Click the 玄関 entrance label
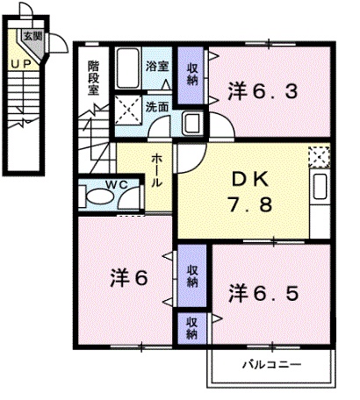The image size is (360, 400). (x=32, y=36)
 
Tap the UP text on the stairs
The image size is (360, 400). (x=21, y=64)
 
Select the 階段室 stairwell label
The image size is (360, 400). (x=94, y=78)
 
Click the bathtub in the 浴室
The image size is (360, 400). (x=127, y=68)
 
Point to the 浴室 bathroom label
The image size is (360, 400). (x=157, y=67)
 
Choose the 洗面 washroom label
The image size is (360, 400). (x=157, y=107)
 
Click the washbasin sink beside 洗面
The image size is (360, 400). (x=192, y=124)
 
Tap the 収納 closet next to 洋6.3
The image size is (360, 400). (x=191, y=75)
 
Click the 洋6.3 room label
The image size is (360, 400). (x=263, y=91)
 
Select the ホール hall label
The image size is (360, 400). (x=156, y=171)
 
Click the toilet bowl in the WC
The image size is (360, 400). (x=99, y=196)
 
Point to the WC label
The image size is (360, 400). (x=117, y=184)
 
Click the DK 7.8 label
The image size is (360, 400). (x=250, y=192)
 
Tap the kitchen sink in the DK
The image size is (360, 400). (x=320, y=187)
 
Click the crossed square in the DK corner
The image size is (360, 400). (x=320, y=157)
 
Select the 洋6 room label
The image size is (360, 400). (x=129, y=278)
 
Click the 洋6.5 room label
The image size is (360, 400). (x=263, y=293)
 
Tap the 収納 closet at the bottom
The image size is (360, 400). (x=192, y=328)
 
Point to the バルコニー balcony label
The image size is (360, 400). (x=272, y=364)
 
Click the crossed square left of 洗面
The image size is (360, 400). (x=128, y=111)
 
